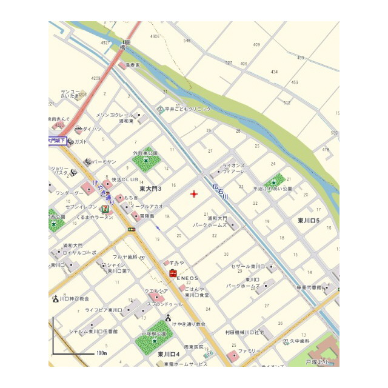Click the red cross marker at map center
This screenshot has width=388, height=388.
(x=194, y=194)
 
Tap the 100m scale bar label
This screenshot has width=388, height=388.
(x=101, y=353)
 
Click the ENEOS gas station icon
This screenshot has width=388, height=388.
(x=172, y=275)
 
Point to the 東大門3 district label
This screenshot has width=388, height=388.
(x=150, y=189)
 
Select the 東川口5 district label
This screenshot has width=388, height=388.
(x=313, y=219)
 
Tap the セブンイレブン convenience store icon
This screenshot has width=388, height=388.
(x=105, y=209)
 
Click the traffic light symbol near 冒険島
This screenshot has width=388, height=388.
(x=132, y=229)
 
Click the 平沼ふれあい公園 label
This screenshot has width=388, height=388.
(x=272, y=189)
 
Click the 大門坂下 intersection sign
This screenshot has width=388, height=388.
(x=56, y=141)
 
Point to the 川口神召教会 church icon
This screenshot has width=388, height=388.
(x=56, y=298)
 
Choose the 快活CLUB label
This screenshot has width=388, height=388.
(x=125, y=179)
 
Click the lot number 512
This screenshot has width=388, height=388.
(x=287, y=103)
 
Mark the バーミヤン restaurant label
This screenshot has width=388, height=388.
(x=104, y=162)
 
